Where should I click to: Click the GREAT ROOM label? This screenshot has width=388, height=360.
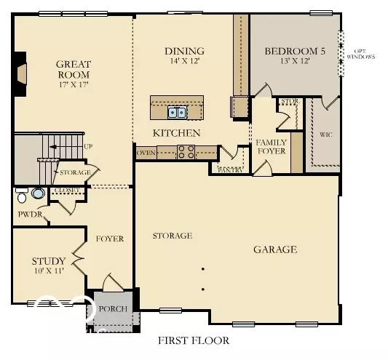(x=73, y=69)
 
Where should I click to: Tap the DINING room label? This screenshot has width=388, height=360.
(x=184, y=51)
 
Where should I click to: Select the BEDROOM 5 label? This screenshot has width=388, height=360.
(x=294, y=51)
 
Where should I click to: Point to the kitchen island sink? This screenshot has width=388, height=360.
(x=177, y=112)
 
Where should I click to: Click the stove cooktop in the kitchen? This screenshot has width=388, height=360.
(x=186, y=152)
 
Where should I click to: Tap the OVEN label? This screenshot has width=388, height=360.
(x=146, y=153)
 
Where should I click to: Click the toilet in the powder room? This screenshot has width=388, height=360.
(x=22, y=196)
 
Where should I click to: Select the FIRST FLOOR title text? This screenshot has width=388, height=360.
(x=194, y=340)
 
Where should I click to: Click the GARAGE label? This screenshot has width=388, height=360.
(x=274, y=249)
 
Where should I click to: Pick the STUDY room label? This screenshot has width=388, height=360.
(x=49, y=261)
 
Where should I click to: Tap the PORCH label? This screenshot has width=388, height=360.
(x=113, y=308)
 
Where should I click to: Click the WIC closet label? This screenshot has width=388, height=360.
(x=326, y=135)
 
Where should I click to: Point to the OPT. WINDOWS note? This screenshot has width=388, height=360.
(x=361, y=52)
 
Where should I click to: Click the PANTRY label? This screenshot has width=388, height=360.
(x=231, y=169)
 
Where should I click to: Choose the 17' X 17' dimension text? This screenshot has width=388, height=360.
(x=73, y=84)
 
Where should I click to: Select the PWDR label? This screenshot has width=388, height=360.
(x=29, y=215)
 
